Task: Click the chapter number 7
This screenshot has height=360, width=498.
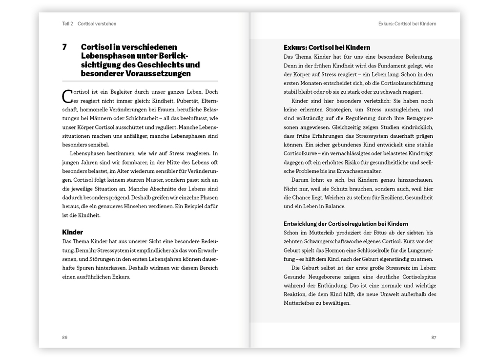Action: click(64, 47)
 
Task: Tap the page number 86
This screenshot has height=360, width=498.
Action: click(64, 337)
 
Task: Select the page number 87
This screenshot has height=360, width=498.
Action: click(433, 337)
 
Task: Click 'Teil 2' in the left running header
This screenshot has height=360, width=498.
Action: click(67, 23)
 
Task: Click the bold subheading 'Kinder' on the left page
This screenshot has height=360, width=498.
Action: click(73, 232)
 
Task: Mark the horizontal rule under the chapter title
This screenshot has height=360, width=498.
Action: click(140, 81)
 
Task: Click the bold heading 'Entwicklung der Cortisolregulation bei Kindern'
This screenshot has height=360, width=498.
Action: click(346, 224)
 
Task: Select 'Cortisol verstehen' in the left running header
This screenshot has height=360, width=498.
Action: click(97, 23)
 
